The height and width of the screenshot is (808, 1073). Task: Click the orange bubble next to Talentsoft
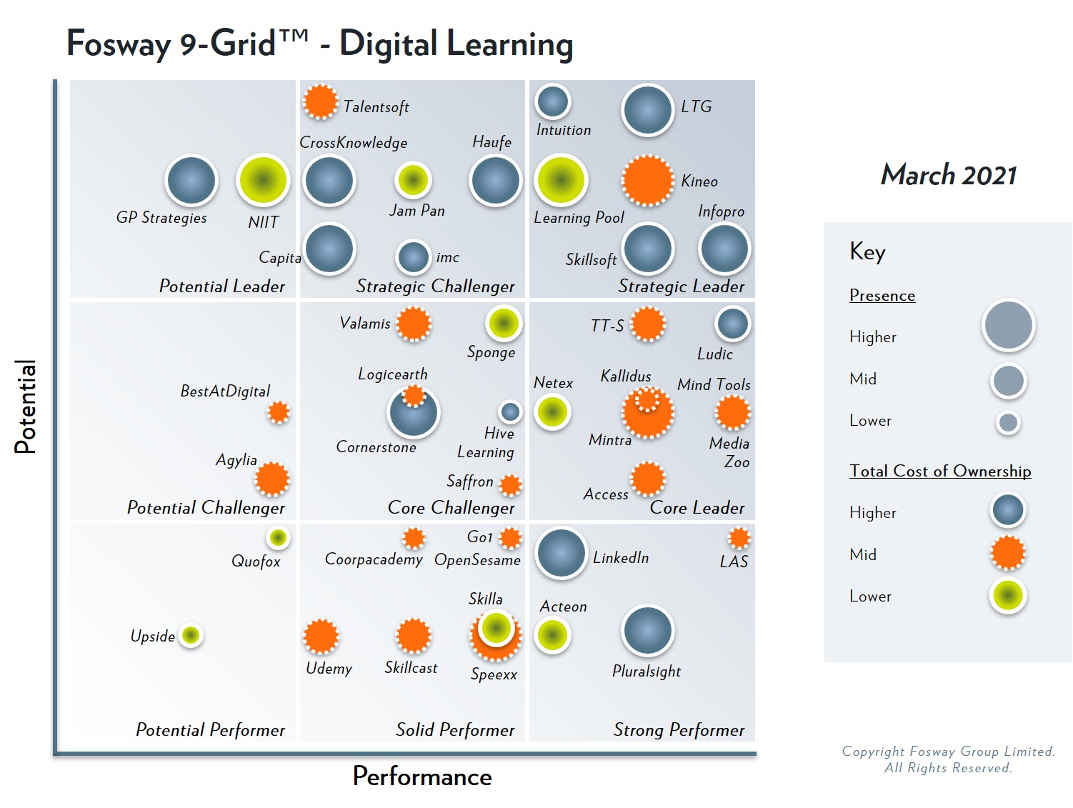[x=320, y=101]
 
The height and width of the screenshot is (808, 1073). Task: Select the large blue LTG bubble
[x=647, y=110]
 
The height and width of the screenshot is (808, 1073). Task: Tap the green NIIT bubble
[x=263, y=180]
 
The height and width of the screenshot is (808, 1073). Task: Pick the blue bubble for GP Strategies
[x=191, y=180]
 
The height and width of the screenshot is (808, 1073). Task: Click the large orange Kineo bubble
[x=647, y=180]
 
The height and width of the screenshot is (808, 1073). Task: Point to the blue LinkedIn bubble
[x=561, y=552]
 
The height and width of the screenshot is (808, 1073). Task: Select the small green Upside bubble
[x=191, y=634]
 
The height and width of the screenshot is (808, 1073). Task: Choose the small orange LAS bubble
[x=739, y=538]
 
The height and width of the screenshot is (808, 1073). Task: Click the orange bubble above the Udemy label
[x=321, y=636]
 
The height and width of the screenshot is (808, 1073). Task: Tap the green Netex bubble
[x=552, y=412]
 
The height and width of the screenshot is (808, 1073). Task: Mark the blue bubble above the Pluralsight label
[x=647, y=630]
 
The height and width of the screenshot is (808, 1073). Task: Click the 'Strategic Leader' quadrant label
[x=681, y=286]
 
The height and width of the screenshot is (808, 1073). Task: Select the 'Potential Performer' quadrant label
[x=210, y=729]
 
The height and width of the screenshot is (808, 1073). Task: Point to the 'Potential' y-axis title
[x=25, y=406]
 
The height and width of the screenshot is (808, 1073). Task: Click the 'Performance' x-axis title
[x=422, y=777]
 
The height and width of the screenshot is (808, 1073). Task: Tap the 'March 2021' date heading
[x=948, y=175]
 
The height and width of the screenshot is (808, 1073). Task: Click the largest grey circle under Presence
[x=1008, y=325]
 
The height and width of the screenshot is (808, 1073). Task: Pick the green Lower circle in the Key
[x=1008, y=595]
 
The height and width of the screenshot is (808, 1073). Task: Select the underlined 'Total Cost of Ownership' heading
[x=940, y=471]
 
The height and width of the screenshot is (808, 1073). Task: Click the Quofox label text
[x=256, y=562]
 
